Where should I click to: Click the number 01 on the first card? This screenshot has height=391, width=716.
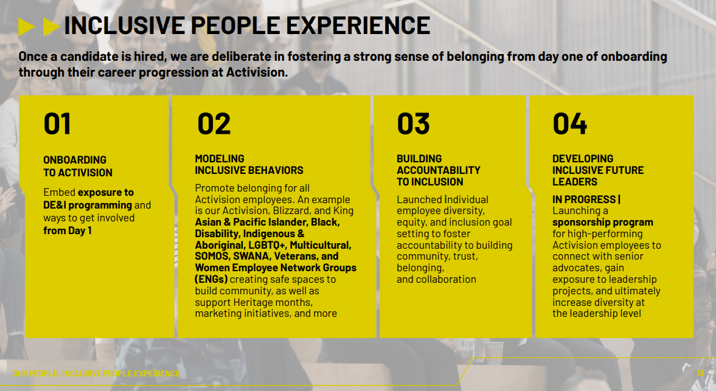(x=57, y=123)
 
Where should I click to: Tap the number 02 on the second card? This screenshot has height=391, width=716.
(x=214, y=123)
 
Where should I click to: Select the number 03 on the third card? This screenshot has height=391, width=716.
(x=413, y=123)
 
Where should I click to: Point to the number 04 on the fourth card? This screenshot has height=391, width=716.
(x=569, y=123)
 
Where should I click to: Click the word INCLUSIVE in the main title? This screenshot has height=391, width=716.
(x=124, y=26)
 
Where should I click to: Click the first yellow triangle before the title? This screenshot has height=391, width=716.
(x=27, y=27)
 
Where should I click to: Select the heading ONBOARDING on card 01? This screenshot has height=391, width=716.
(x=75, y=160)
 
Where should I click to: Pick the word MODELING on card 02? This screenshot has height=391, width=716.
(x=220, y=159)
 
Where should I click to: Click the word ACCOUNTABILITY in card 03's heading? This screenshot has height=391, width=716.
(x=439, y=170)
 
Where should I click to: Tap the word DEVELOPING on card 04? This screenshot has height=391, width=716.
(x=583, y=159)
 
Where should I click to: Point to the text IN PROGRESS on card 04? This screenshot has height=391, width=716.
(x=584, y=199)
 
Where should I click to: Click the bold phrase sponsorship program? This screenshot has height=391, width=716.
(x=603, y=222)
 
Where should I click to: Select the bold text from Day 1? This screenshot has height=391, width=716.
(x=68, y=231)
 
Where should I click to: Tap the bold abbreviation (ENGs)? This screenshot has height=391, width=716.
(x=211, y=279)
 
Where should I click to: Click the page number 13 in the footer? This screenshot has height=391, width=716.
(x=700, y=373)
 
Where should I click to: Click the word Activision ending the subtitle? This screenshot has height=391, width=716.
(x=257, y=72)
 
